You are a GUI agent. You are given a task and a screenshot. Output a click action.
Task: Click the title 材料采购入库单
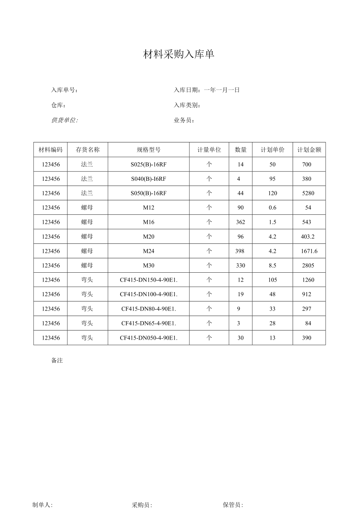pos(179,54)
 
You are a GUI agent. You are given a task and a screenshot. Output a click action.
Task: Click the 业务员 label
pos(184,120)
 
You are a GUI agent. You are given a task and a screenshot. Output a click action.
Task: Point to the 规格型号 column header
pos(149,149)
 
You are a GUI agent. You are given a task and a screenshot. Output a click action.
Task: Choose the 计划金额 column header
pos(309,149)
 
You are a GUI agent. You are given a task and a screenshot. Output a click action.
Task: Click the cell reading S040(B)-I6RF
pos(149,179)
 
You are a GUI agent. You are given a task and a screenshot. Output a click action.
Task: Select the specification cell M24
pos(149,251)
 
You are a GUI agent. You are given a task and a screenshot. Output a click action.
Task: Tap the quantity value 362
pos(240,222)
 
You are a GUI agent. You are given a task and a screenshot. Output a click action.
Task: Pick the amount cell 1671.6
pos(309,251)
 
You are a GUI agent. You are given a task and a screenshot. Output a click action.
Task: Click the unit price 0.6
pos(272,207)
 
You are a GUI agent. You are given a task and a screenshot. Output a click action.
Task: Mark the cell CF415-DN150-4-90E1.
pos(149,280)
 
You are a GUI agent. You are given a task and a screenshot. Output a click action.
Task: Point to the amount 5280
pos(308,193)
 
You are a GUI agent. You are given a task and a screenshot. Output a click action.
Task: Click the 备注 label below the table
pos(57,361)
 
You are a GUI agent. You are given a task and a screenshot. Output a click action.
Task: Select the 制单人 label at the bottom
pos(42,505)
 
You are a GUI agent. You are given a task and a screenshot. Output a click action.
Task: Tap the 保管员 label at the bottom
pos(233,505)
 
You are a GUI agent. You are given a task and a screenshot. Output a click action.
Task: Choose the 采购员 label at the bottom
pos(142,505)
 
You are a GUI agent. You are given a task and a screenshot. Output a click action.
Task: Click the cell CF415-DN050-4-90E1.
pos(149,338)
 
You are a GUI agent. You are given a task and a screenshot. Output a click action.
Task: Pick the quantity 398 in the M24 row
pos(240,251)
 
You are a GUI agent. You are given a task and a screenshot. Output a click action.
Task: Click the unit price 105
pos(272,280)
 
